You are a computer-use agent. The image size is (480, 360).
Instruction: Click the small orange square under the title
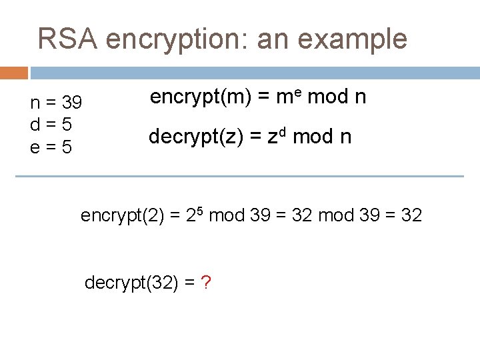pyautogui.click(x=14, y=73)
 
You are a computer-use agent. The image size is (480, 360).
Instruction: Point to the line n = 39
pyautogui.click(x=57, y=103)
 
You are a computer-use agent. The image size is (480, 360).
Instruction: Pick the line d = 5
pyautogui.click(x=51, y=125)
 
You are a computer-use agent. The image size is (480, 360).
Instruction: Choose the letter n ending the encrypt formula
pyautogui.click(x=360, y=98)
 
